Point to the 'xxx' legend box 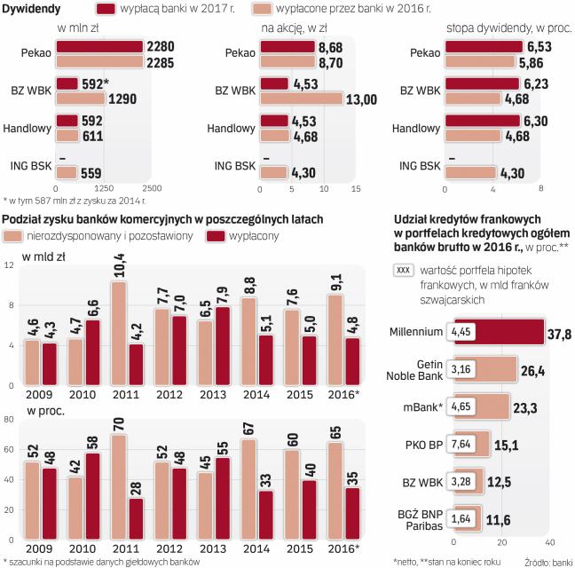pyautogui.click(x=403, y=269)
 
